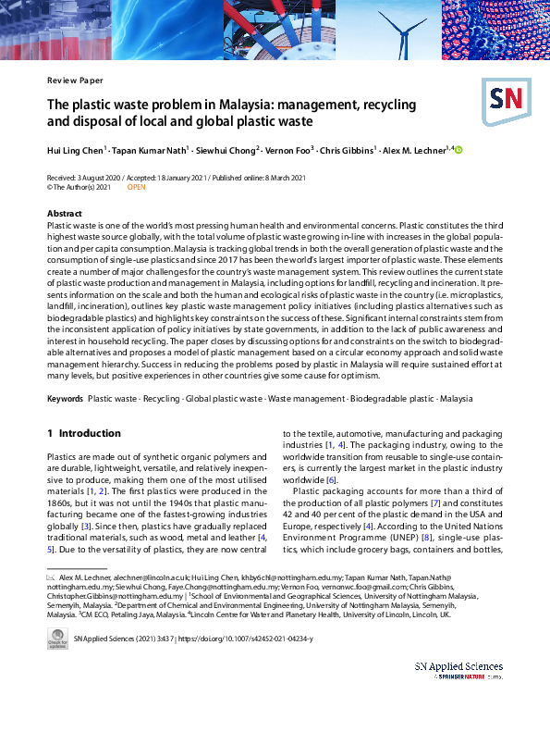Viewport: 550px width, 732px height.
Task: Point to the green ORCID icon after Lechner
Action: [458, 149]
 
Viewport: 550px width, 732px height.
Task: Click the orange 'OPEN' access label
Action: [136, 186]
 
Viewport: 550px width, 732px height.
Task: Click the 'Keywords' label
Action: [65, 398]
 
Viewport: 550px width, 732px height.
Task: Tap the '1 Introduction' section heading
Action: [84, 433]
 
